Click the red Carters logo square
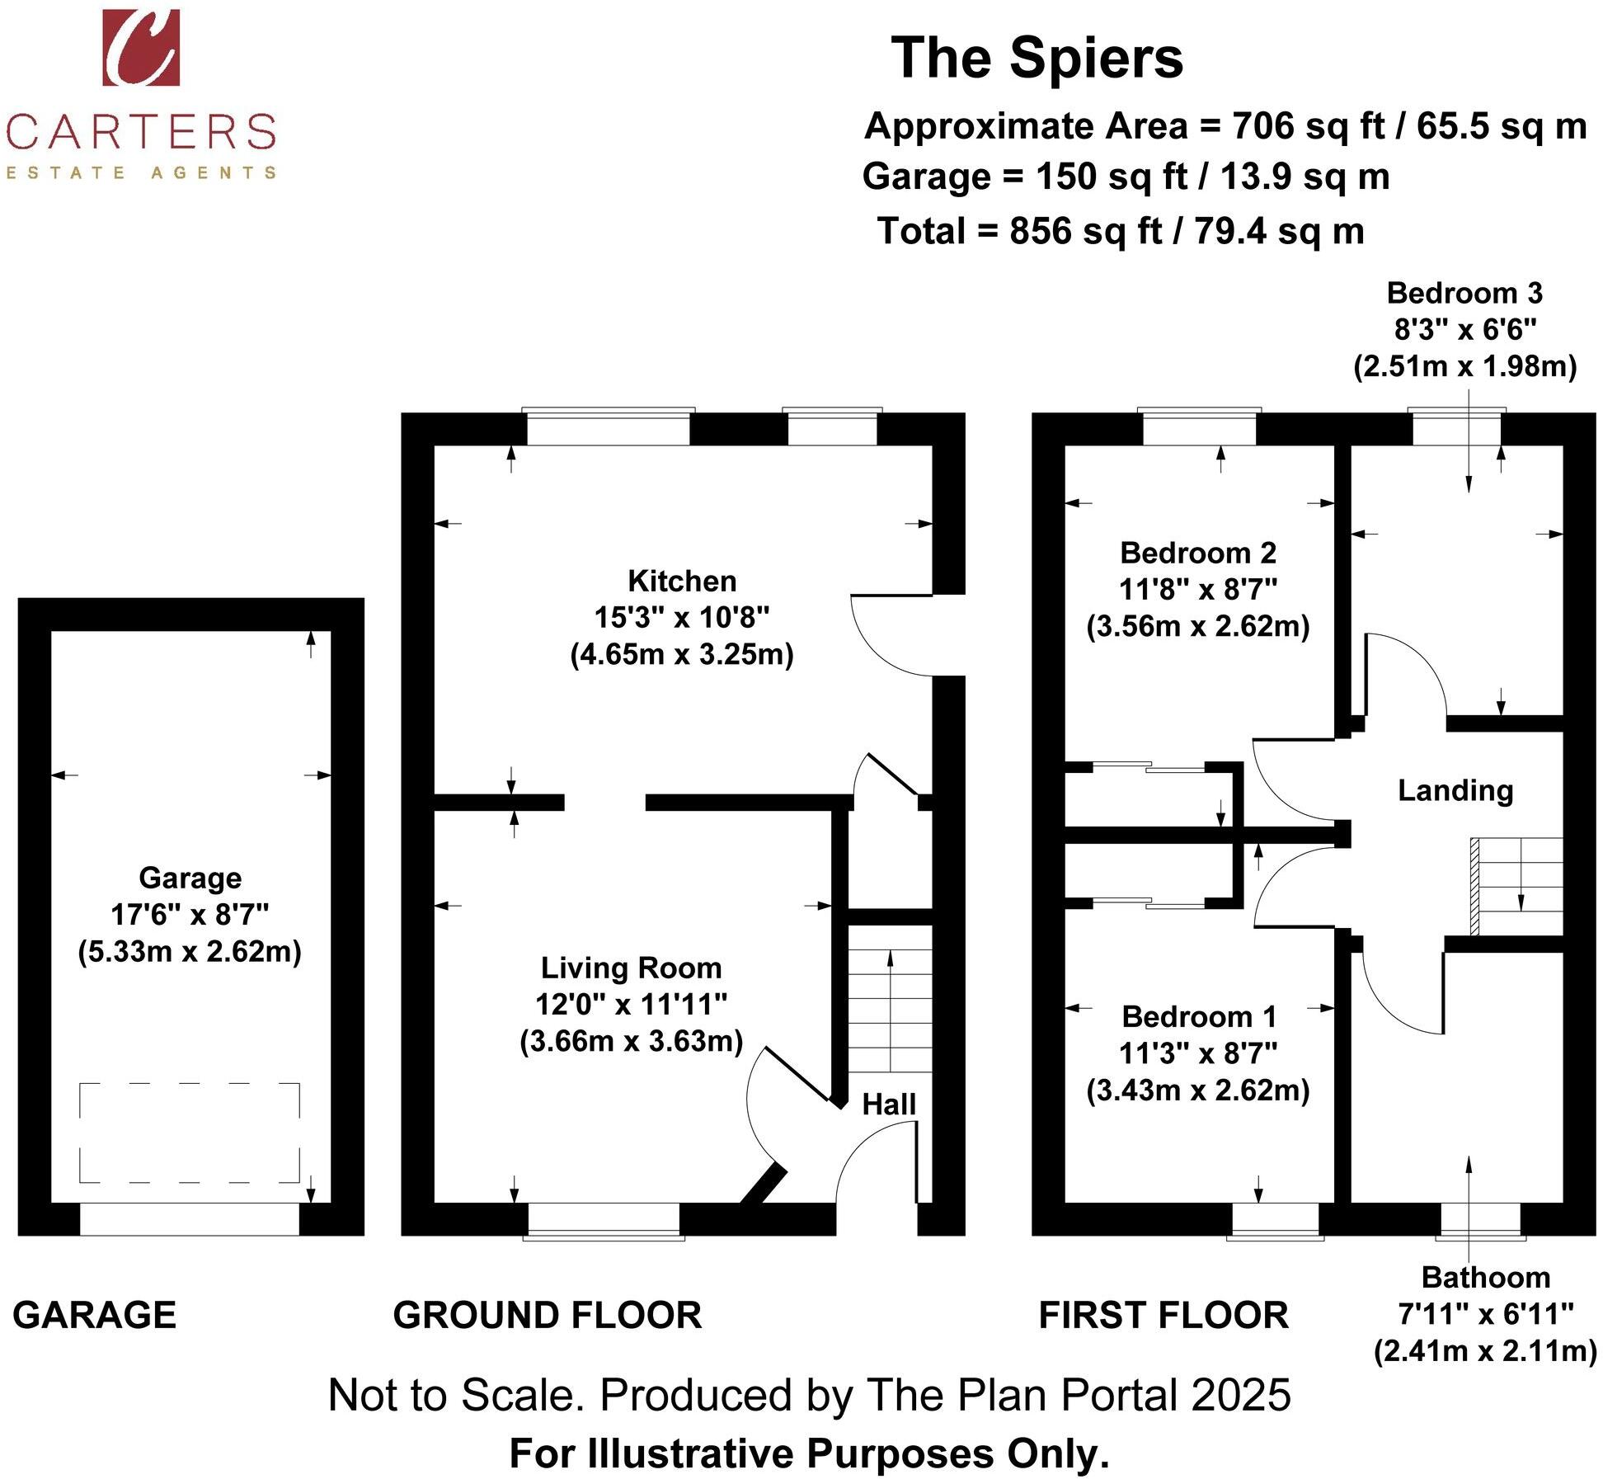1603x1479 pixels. coord(140,47)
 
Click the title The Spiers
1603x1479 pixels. coord(1037,59)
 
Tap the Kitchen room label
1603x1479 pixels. coord(681,582)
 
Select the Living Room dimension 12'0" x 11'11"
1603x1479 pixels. coord(631,1005)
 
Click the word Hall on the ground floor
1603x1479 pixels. coord(888,1105)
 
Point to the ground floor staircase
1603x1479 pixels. coord(890,1010)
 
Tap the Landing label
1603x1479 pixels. coord(1455,791)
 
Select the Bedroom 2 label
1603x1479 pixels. coord(1197,553)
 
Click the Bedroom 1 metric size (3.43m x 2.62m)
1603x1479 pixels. coord(1197,1090)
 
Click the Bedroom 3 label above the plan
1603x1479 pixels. coord(1464,294)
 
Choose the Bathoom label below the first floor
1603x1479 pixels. coord(1485,1278)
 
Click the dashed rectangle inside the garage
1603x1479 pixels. coord(190,1133)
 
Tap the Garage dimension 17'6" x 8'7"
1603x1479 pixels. coord(190,914)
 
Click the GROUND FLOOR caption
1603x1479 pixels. coord(547,1315)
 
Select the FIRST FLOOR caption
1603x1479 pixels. coord(1163,1315)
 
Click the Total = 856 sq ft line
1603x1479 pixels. coord(1120,231)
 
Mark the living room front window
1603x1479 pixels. coord(604,1220)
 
